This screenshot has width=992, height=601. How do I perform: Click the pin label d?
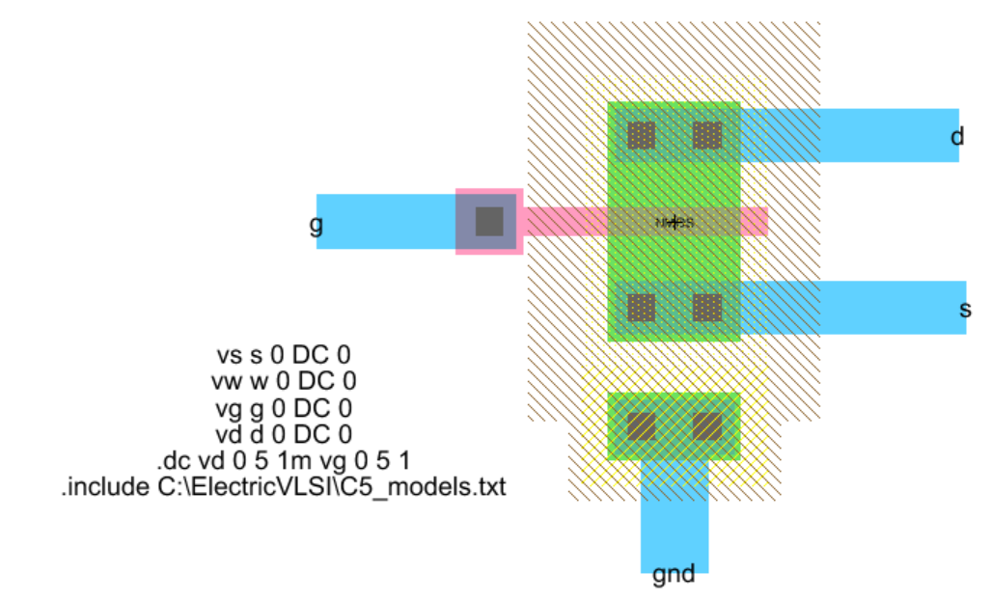(x=956, y=137)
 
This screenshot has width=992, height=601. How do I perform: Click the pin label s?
(x=964, y=310)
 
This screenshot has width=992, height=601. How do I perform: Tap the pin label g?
(x=316, y=225)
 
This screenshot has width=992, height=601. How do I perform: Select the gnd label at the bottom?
(x=674, y=576)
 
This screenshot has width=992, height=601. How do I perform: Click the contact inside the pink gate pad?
(x=489, y=222)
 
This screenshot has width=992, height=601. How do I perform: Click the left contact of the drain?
(x=642, y=135)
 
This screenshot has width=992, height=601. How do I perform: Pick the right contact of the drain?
(x=707, y=135)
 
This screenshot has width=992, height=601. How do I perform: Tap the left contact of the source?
(x=642, y=308)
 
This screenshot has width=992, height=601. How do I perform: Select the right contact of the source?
(x=707, y=308)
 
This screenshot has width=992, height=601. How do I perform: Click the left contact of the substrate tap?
(x=642, y=425)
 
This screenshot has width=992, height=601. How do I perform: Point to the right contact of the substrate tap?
(x=707, y=425)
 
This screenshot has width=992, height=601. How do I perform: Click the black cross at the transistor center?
(x=675, y=222)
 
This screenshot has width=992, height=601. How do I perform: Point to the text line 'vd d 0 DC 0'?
(x=282, y=433)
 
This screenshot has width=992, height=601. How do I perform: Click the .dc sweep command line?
(x=282, y=460)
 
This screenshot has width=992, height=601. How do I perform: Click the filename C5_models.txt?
(x=421, y=486)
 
